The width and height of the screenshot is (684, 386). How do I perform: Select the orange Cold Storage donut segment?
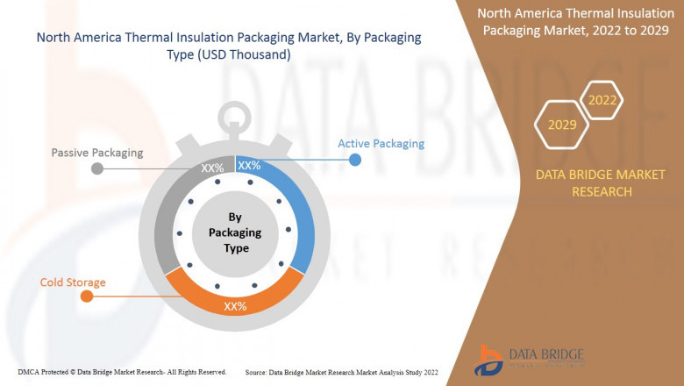coord(235,297)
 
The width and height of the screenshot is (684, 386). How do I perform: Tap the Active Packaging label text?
coord(381,144)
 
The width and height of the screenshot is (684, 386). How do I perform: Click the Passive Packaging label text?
coord(97,153)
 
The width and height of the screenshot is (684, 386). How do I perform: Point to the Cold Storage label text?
coord(73,282)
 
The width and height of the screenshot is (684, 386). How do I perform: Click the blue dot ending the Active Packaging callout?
coord(355,160)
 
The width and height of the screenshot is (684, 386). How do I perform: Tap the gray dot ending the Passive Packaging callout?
coord(97,168)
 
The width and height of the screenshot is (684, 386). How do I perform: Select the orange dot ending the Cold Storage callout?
coord(87,297)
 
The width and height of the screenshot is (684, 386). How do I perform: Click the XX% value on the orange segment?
coord(235,306)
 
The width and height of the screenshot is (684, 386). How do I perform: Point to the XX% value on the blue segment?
coord(249,165)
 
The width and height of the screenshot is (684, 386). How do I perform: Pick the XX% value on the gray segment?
coord(212,168)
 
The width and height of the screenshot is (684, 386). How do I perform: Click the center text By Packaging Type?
coord(235,232)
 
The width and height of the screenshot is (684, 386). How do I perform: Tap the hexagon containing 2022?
coord(602,100)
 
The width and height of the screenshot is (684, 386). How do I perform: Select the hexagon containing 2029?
coord(562,125)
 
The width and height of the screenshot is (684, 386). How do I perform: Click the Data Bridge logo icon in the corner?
coord(489,361)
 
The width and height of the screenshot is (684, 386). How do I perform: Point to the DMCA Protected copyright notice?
coord(122,372)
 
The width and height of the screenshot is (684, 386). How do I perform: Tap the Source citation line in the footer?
coord(342,373)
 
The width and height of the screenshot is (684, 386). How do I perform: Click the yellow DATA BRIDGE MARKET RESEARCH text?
coord(601,183)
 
